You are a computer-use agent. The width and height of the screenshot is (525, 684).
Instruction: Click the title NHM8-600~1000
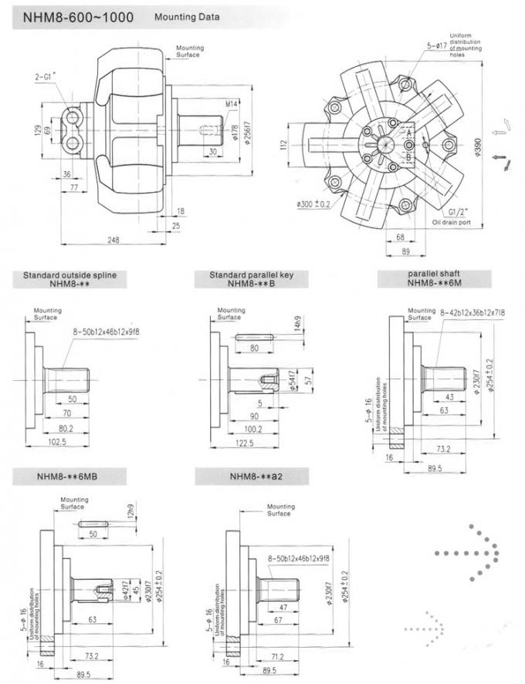click(67, 16)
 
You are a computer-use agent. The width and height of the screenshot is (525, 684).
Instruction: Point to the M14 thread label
click(231, 103)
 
